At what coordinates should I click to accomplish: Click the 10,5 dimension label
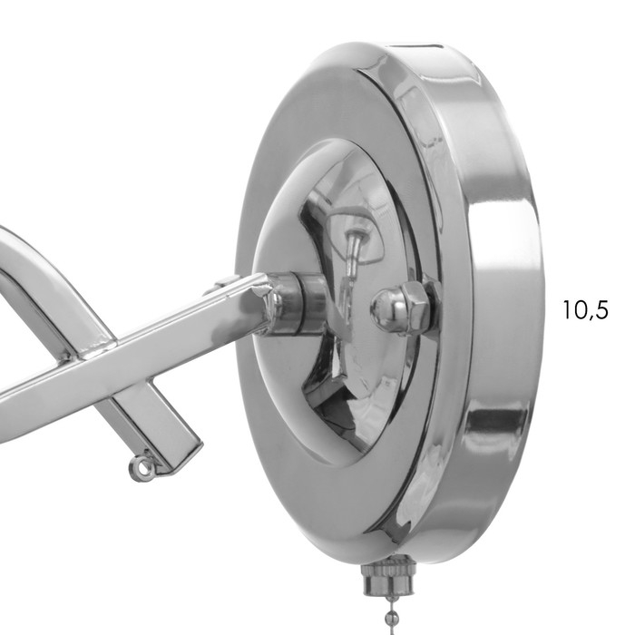tap(585, 310)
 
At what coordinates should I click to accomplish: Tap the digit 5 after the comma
tap(601, 310)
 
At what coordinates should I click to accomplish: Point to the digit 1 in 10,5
tap(567, 310)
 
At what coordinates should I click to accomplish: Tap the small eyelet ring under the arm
tap(141, 469)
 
